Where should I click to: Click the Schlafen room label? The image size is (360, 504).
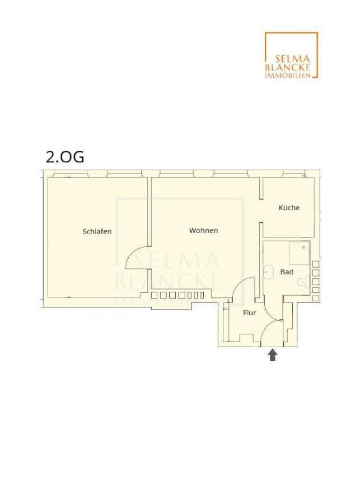tap(97, 231)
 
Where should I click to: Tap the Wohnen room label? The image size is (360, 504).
tap(203, 231)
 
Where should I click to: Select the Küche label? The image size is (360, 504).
tap(289, 208)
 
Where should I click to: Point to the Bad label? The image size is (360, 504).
tap(287, 272)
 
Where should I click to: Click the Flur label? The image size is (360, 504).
tap(250, 312)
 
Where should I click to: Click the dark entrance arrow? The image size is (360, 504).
tap(273, 355)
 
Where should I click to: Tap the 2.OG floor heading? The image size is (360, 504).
tap(66, 157)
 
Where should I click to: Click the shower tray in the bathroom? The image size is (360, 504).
tap(299, 253)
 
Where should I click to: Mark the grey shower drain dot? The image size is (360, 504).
tap(303, 248)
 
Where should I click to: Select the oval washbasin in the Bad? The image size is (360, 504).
tap(267, 272)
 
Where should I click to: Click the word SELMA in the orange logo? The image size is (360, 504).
tap(292, 59)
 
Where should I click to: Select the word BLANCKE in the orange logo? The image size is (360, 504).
tap(288, 67)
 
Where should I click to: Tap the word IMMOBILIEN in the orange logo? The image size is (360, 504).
tap(288, 76)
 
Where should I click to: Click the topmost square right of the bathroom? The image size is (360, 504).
tap(316, 264)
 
